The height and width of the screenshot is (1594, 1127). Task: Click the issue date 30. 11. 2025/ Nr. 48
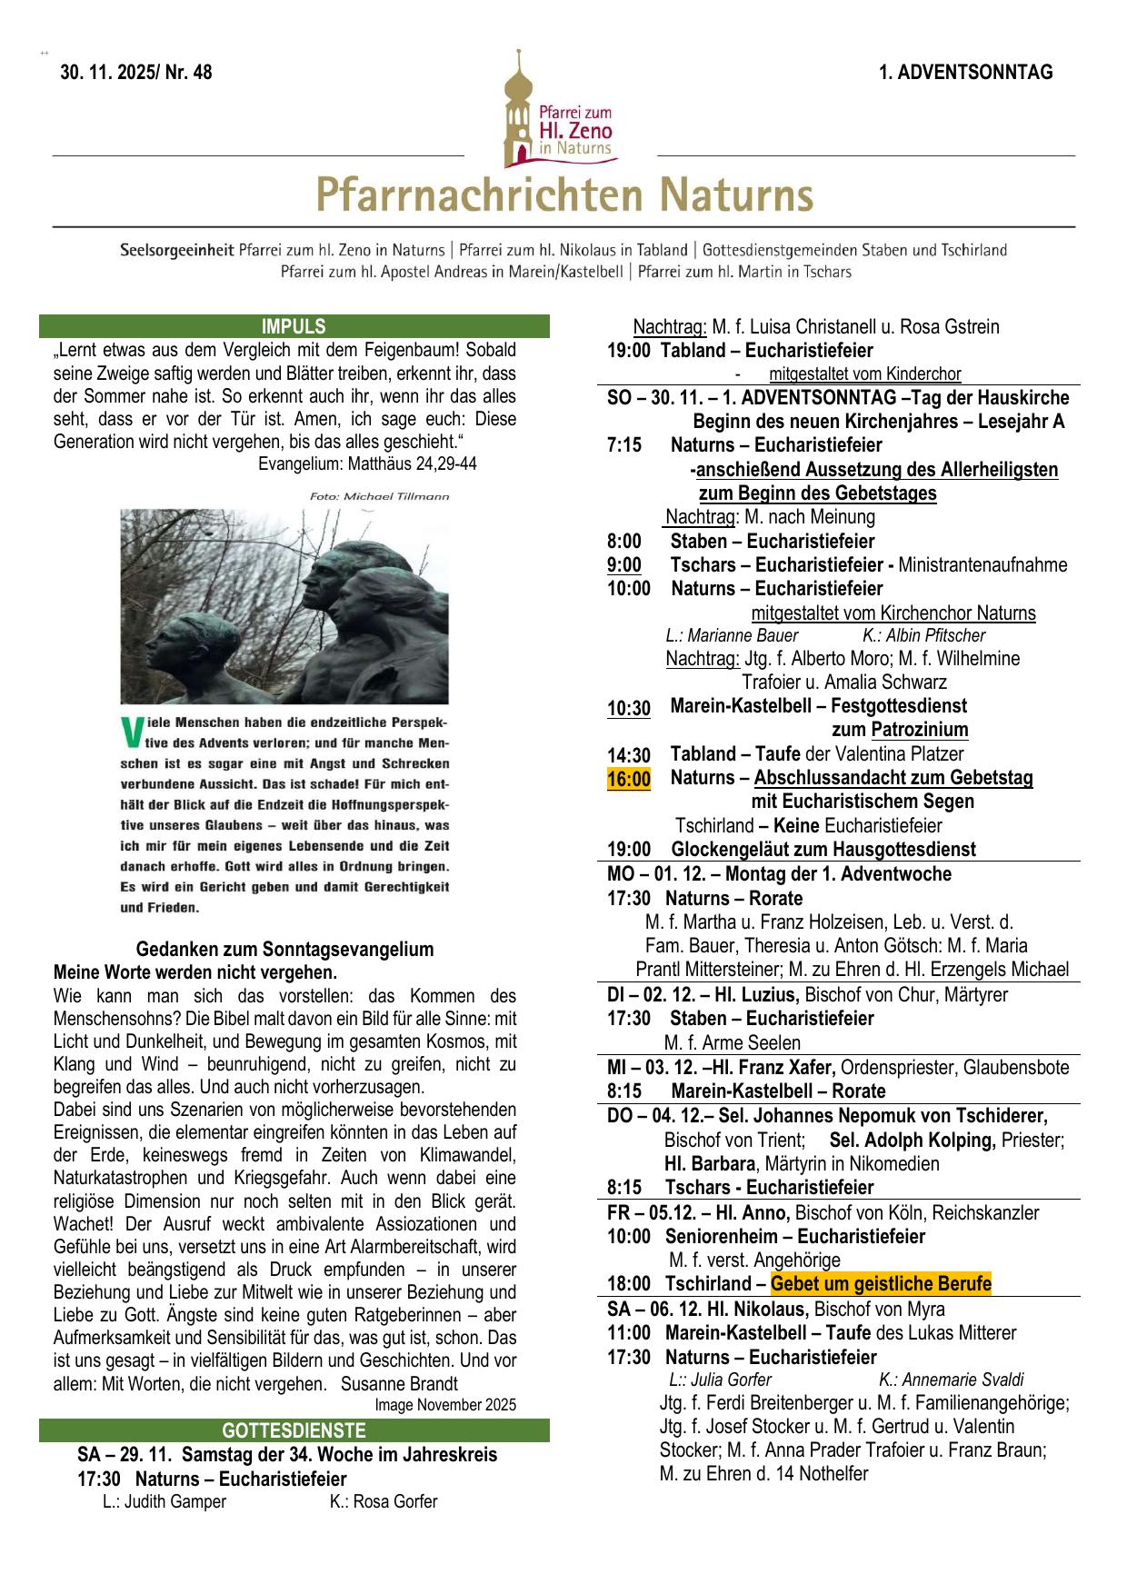pyautogui.click(x=136, y=74)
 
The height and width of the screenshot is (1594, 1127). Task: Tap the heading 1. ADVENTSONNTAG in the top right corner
pyautogui.click(x=965, y=73)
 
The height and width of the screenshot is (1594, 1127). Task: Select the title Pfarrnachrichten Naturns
pyautogui.click(x=563, y=195)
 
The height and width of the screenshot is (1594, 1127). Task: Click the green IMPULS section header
pyautogui.click(x=294, y=327)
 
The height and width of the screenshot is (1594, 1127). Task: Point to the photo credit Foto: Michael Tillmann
pyautogui.click(x=379, y=496)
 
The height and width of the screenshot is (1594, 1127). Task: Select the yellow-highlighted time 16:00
pyautogui.click(x=628, y=779)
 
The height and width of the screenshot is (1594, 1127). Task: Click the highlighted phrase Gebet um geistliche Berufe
pyautogui.click(x=880, y=1284)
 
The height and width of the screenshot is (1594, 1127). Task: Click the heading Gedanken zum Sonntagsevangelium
pyautogui.click(x=284, y=950)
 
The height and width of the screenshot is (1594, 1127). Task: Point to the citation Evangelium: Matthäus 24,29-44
pyautogui.click(x=367, y=463)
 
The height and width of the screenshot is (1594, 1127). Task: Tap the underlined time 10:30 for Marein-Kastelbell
pyautogui.click(x=628, y=708)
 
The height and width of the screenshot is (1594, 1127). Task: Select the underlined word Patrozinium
pyautogui.click(x=919, y=730)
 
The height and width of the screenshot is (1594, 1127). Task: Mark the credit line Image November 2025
pyautogui.click(x=444, y=1405)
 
